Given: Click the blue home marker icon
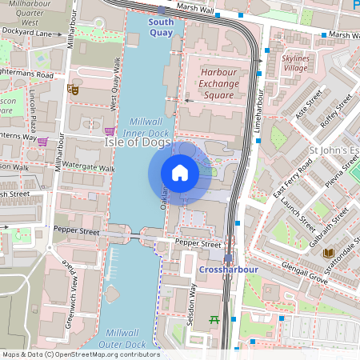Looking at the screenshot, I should [180, 173].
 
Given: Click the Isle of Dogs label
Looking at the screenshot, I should [138, 142].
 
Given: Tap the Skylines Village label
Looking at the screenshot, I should [295, 63].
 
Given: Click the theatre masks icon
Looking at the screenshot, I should [73, 90].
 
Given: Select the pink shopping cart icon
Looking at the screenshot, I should [110, 130].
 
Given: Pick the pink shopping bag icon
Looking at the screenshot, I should [42, 142].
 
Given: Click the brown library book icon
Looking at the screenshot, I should [327, 254].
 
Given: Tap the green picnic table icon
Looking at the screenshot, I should [214, 321].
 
